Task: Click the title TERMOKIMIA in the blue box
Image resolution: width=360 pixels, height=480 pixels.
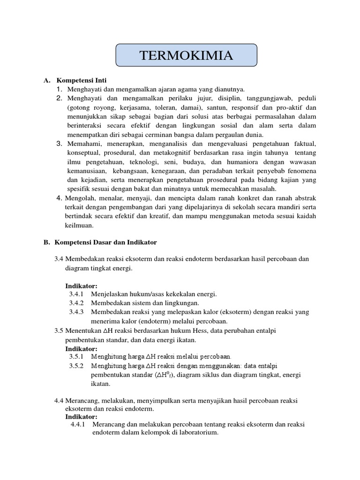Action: (x=186, y=55)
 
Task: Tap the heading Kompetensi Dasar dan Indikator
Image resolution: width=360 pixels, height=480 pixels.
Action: (x=105, y=242)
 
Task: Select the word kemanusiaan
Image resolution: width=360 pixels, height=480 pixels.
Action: (x=87, y=171)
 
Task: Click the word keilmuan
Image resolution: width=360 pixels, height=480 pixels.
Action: (x=79, y=225)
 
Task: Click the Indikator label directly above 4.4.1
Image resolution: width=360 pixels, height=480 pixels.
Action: (x=81, y=416)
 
